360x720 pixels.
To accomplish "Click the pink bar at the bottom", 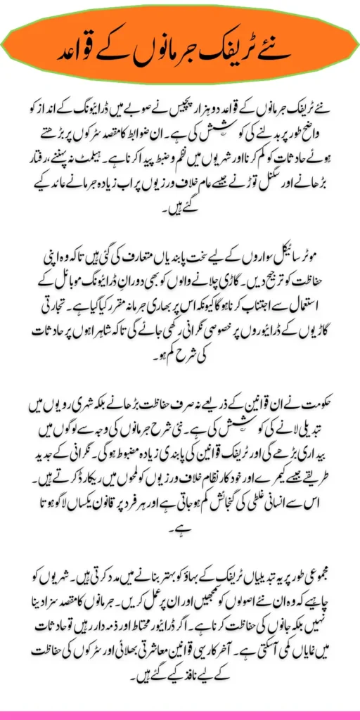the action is (x=180, y=716).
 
